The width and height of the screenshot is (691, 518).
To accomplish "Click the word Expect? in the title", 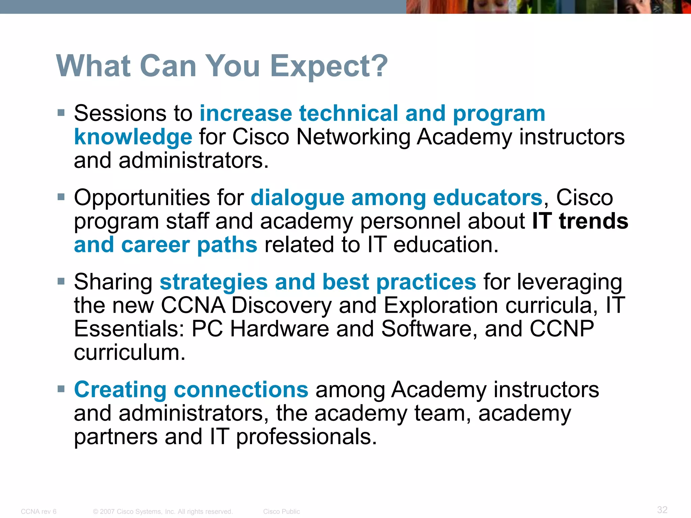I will pyautogui.click(x=329, y=66).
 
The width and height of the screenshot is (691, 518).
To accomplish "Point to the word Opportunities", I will pyautogui.click(x=141, y=198).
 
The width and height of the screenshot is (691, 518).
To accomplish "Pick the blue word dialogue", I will pyautogui.click(x=297, y=198).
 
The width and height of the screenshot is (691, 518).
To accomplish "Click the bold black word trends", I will pyautogui.click(x=593, y=221).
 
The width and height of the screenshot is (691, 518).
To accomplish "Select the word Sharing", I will pyautogui.click(x=113, y=282).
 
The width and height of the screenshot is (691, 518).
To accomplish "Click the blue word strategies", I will pyautogui.click(x=214, y=282).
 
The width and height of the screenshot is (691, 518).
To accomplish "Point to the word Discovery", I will pyautogui.click(x=282, y=306).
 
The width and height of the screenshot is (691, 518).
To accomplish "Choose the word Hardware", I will pyautogui.click(x=279, y=329).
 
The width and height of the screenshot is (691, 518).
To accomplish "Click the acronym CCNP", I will pyautogui.click(x=561, y=329).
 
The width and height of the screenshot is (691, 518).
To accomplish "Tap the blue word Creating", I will pyautogui.click(x=120, y=390).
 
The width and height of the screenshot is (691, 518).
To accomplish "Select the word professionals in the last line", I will pyautogui.click(x=306, y=437).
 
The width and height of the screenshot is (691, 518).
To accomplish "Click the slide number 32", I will pyautogui.click(x=662, y=510).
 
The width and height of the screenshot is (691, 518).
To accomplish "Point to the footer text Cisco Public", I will pyautogui.click(x=281, y=512).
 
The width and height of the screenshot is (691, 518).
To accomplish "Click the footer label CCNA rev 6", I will pyautogui.click(x=38, y=512).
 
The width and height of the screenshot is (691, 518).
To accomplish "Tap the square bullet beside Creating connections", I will pyautogui.click(x=61, y=389).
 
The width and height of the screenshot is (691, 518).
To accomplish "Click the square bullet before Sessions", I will pyautogui.click(x=61, y=113).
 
